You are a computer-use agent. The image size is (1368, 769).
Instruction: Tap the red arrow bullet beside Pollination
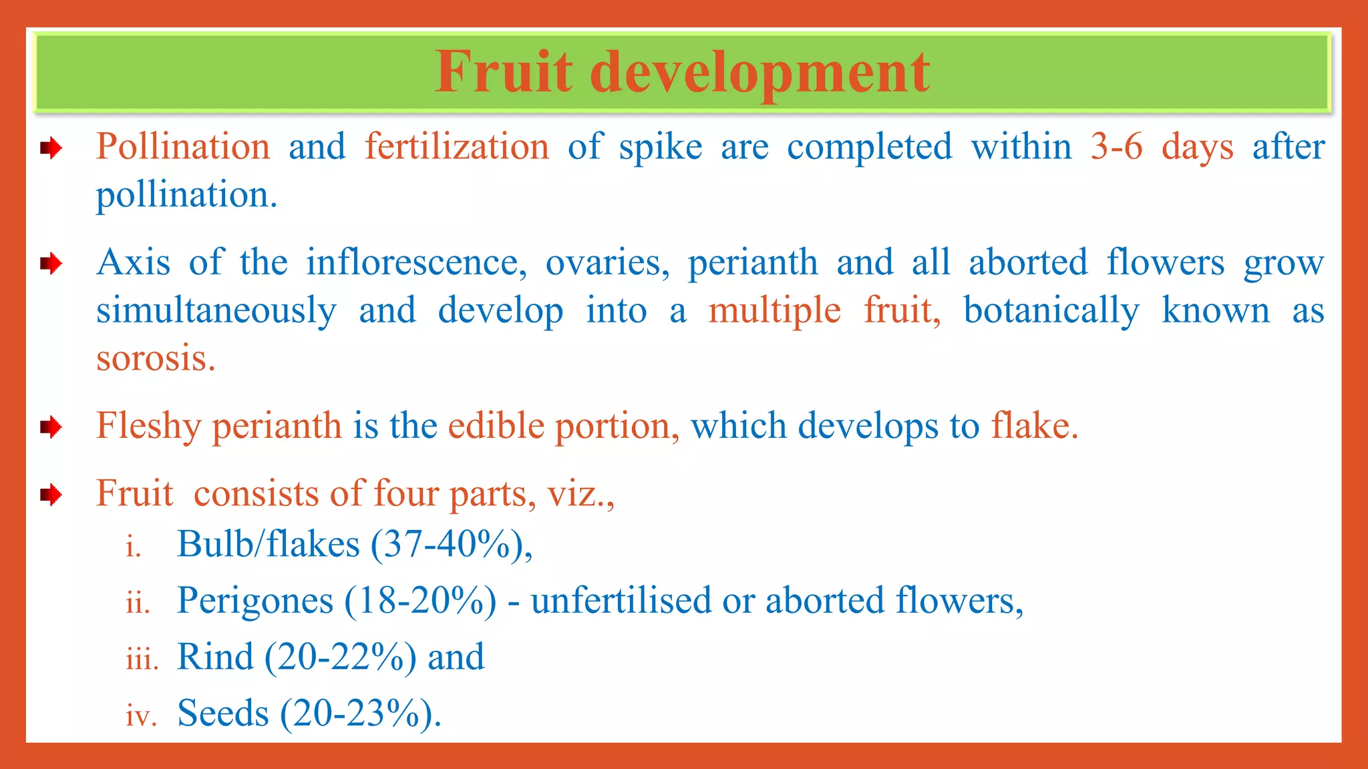[51, 148]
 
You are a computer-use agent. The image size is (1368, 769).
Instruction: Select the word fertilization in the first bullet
[457, 147]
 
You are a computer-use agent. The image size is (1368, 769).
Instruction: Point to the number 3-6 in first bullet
[1116, 147]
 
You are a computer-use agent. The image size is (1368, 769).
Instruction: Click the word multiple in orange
[774, 311]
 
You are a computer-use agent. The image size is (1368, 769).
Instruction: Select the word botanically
[1051, 311]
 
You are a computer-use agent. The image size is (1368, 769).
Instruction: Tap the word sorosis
[156, 358]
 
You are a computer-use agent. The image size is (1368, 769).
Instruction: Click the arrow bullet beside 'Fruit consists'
[51, 495]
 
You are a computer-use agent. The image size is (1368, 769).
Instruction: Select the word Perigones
[254, 601]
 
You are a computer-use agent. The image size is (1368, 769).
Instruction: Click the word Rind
[215, 657]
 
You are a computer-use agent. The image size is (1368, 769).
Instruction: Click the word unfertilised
[621, 601]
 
